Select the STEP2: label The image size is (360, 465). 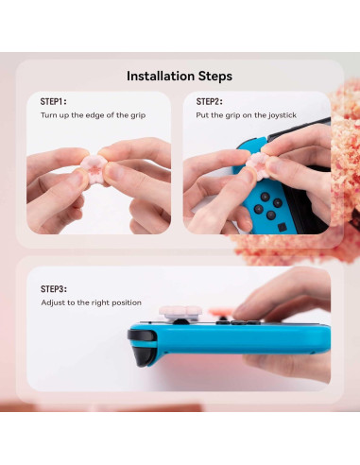(209, 101)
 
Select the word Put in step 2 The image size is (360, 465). (202, 114)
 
